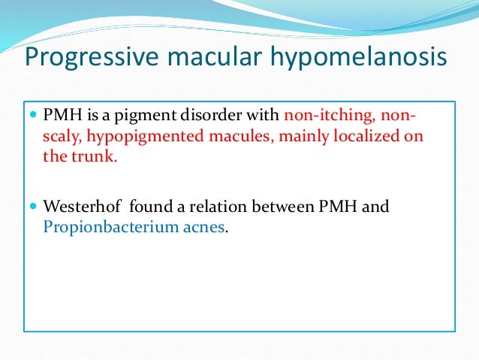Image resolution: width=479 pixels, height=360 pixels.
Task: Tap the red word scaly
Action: click(x=61, y=138)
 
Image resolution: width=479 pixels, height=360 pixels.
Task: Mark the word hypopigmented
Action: click(x=140, y=138)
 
